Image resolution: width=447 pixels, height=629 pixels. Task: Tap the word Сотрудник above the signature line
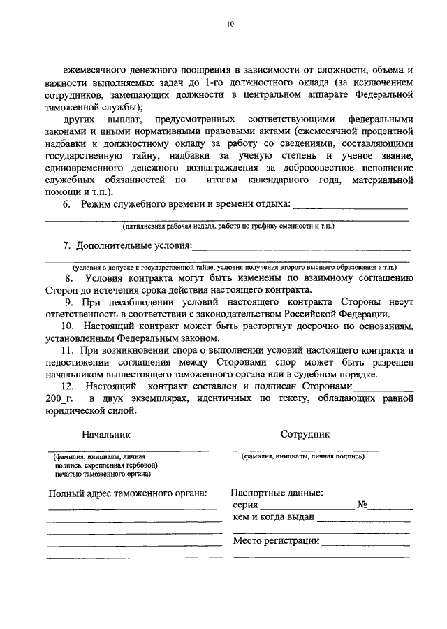tap(305, 433)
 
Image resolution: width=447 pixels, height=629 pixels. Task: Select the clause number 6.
tap(67, 203)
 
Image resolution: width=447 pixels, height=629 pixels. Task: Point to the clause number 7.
tap(67, 245)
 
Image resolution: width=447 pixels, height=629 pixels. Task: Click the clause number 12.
tap(68, 386)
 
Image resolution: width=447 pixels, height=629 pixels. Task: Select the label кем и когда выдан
tap(274, 517)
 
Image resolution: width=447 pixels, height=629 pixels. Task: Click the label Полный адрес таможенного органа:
tap(128, 493)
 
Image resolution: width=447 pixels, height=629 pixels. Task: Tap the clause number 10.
tap(67, 326)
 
